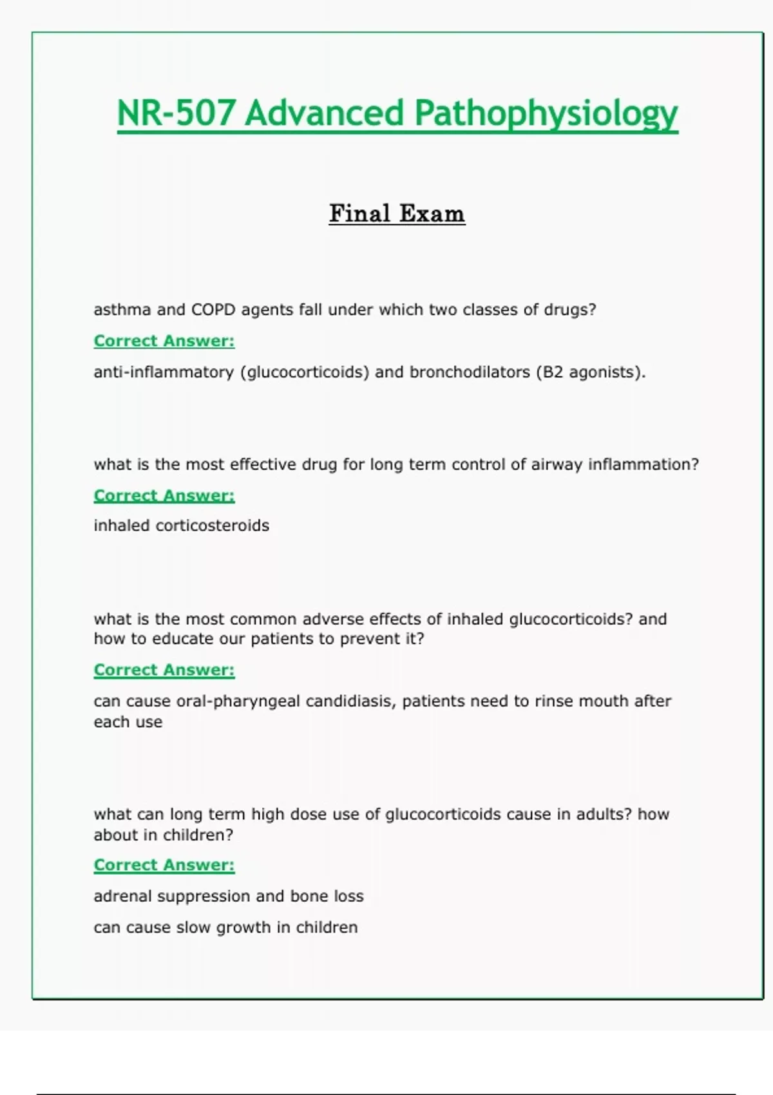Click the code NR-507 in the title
point(175,114)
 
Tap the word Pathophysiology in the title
point(546,114)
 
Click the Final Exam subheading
point(397,213)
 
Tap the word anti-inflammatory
point(164,372)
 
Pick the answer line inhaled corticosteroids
point(181,526)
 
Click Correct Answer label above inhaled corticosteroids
point(164,495)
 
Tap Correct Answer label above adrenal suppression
point(164,865)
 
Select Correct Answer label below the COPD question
point(164,341)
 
